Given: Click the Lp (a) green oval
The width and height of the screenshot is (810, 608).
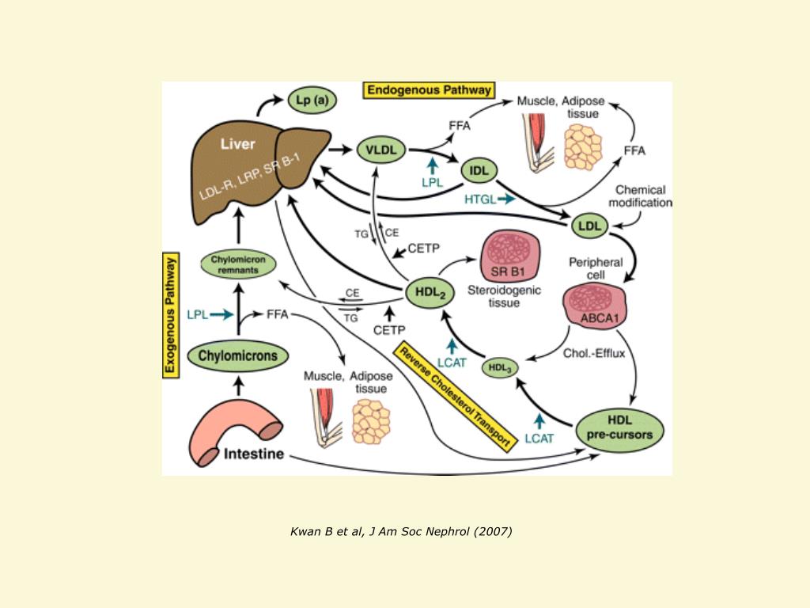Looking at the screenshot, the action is (312, 100).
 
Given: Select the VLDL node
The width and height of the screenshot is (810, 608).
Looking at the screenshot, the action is (381, 150).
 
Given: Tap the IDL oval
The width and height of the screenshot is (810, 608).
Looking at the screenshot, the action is (479, 171).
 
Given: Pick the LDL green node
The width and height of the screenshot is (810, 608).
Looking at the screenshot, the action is (589, 226).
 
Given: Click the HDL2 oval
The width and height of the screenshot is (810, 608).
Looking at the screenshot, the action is (430, 293).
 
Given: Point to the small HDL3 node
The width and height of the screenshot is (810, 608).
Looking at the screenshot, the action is (500, 368).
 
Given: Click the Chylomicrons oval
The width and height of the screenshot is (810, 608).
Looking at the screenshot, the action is (237, 355).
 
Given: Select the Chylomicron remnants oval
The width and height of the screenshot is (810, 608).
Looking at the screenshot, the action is (238, 264).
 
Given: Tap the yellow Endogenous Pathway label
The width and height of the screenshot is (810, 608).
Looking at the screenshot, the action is (429, 90).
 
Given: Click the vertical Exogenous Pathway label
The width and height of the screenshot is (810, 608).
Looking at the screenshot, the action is (171, 315).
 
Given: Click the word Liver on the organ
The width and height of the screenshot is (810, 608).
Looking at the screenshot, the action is (237, 144).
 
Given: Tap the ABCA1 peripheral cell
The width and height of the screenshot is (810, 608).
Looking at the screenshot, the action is (595, 306).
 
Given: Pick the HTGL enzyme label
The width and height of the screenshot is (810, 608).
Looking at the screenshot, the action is (480, 199).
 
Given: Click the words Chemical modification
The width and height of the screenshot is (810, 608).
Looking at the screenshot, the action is (640, 196).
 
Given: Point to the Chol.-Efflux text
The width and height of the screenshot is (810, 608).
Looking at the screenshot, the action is (594, 353).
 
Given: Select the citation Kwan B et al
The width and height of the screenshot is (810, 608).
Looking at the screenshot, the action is (401, 531).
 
